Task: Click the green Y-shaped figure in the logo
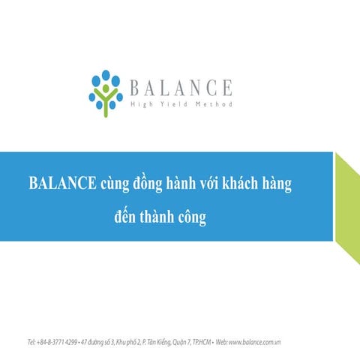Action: pyautogui.click(x=106, y=99)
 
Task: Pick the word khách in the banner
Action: pyautogui.click(x=264, y=184)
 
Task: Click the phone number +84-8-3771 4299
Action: pyautogui.click(x=58, y=342)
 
